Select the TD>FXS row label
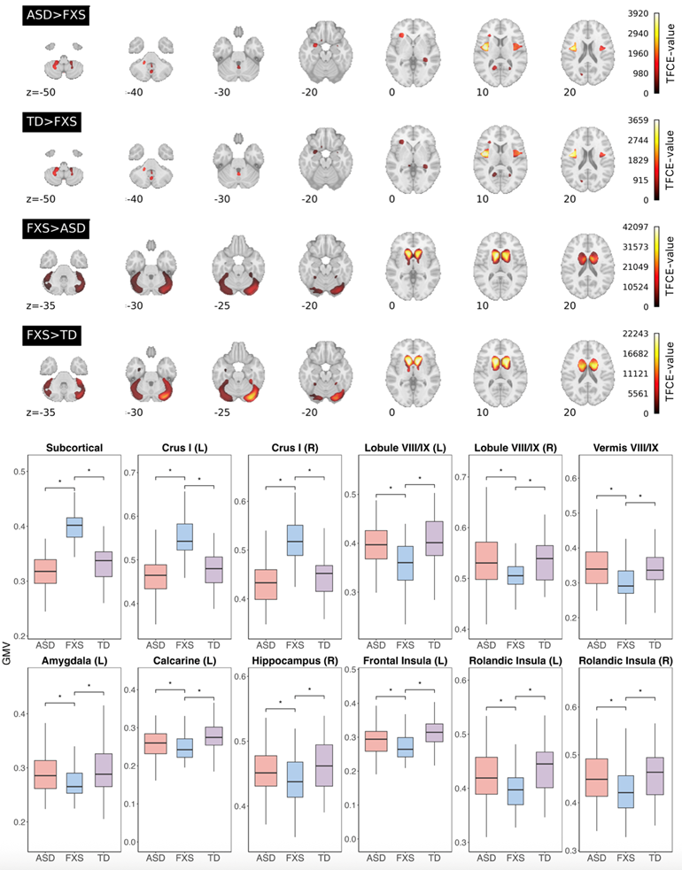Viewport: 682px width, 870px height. (x=54, y=123)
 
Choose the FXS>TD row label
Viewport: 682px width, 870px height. (x=54, y=335)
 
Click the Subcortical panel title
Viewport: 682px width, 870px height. (x=74, y=445)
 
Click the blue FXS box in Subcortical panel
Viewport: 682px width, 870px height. (x=74, y=527)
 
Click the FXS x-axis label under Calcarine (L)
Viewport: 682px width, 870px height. (x=182, y=858)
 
